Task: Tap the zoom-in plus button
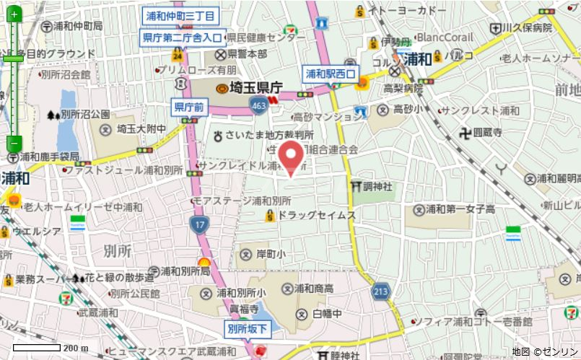[x=15, y=14]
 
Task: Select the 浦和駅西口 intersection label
[x=331, y=73]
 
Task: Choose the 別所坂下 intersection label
[x=248, y=328]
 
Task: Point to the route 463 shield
[x=258, y=106]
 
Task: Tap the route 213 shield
[x=380, y=291]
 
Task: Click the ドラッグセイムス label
[x=316, y=215]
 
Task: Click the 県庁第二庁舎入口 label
[x=184, y=36]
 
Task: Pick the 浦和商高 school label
[x=314, y=289]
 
